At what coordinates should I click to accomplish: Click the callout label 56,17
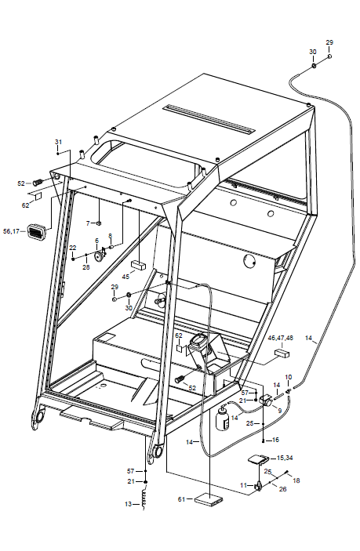click(11, 231)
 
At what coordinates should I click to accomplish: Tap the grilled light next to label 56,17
click(37, 231)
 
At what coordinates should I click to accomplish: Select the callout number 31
click(58, 142)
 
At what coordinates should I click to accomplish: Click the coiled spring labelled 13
click(144, 499)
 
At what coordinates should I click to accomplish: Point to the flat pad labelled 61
click(209, 500)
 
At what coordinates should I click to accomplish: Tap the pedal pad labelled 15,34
click(259, 460)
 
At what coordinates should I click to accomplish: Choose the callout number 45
click(125, 277)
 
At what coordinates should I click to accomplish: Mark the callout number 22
click(73, 248)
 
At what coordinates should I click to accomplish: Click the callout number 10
click(289, 378)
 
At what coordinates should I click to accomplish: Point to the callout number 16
click(275, 440)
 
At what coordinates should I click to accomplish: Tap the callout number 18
click(296, 480)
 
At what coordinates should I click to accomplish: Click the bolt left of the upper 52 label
click(38, 183)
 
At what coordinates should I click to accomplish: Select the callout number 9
click(280, 411)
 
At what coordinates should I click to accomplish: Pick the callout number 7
click(89, 223)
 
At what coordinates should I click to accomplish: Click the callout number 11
click(244, 485)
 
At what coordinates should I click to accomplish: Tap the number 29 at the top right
click(329, 42)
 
